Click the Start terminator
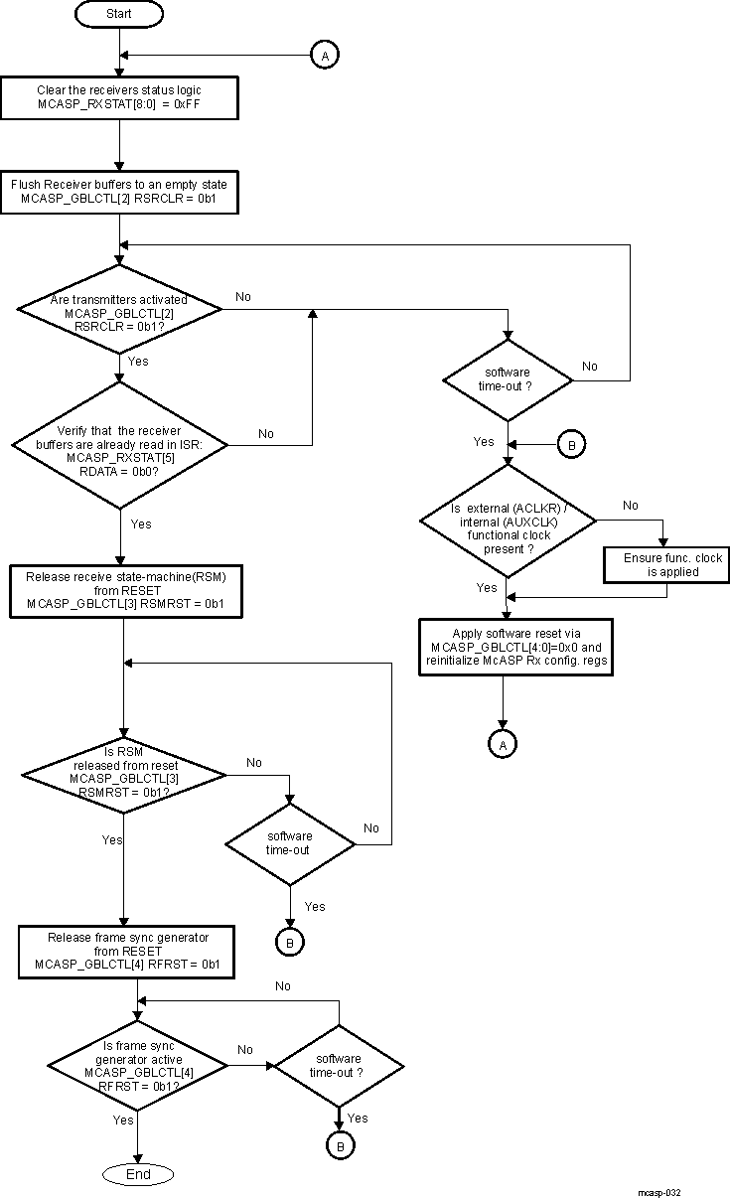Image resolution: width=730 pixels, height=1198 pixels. [x=119, y=15]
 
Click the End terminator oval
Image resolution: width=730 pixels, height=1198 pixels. [x=138, y=1174]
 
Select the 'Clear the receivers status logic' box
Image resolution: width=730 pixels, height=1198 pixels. [x=119, y=97]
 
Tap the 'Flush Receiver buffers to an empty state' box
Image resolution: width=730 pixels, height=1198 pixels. [x=119, y=192]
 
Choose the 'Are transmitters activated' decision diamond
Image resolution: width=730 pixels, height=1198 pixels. [x=119, y=310]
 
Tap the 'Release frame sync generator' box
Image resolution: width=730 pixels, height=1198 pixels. [x=126, y=951]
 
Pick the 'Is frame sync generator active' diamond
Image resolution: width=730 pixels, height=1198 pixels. [x=138, y=1067]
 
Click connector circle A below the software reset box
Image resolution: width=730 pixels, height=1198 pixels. [x=503, y=742]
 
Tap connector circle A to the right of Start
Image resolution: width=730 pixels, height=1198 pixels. [x=325, y=56]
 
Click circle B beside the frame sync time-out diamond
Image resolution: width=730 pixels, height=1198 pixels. [x=340, y=1145]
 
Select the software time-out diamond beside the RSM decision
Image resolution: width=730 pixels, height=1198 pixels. [x=289, y=843]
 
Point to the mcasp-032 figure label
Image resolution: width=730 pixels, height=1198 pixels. [x=659, y=1192]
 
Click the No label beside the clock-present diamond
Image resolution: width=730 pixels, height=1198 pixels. [x=631, y=506]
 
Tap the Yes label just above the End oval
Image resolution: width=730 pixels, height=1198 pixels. [x=123, y=1120]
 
